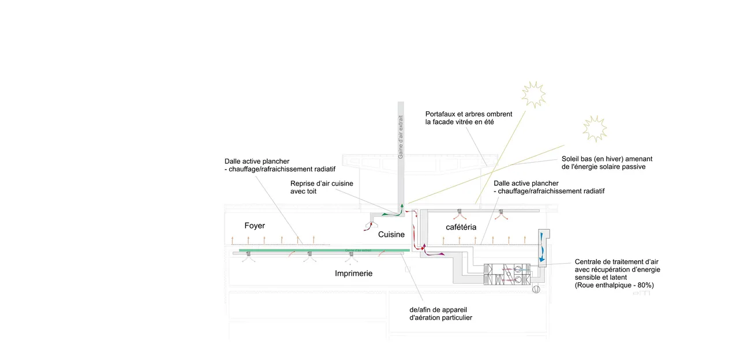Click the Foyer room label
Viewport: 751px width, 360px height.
[255, 226]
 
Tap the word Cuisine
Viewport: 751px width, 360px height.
[391, 235]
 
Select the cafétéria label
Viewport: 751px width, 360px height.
[461, 227]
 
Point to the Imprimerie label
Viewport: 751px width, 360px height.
[354, 273]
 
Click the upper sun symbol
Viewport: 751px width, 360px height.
[533, 94]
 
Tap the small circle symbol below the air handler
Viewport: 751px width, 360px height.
[536, 288]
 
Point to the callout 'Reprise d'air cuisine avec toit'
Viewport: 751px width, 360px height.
[322, 187]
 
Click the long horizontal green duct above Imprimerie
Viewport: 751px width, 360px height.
[324, 250]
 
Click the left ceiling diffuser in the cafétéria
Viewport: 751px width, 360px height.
[459, 212]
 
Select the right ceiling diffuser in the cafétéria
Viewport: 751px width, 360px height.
[501, 212]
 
